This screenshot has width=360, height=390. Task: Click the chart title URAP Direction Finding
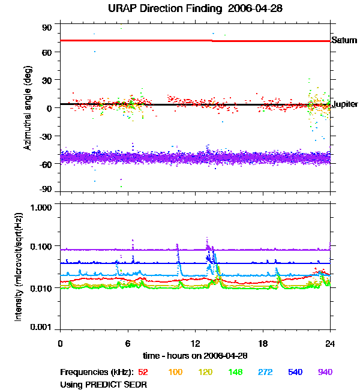point(180,8)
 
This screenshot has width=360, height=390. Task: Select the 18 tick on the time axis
point(262,344)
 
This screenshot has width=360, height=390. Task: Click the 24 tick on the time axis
point(330,344)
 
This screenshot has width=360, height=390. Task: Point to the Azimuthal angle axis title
point(28,109)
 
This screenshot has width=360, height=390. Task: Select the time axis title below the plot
point(195,356)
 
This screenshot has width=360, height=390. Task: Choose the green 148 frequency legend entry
point(236,372)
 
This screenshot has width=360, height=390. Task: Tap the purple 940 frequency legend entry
point(325,372)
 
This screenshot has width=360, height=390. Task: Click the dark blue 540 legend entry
point(295,372)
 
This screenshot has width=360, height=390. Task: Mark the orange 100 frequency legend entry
point(175,372)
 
